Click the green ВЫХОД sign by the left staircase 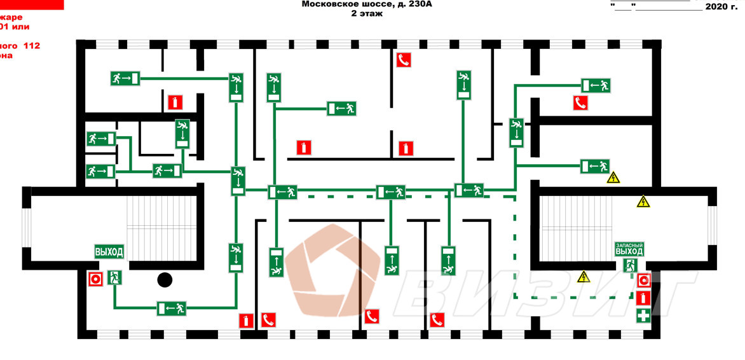point(109,251)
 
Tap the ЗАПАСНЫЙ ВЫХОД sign point(629,249)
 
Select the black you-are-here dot point(165,279)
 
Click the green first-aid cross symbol point(643,315)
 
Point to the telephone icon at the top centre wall point(404,60)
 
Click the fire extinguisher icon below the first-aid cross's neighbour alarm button point(643,298)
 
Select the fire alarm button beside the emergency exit point(643,280)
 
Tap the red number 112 point(32,46)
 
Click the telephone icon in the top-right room point(580,102)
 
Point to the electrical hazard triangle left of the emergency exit point(583,277)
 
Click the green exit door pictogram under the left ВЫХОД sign point(115,277)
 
